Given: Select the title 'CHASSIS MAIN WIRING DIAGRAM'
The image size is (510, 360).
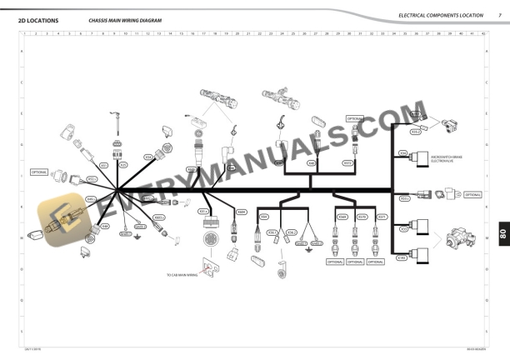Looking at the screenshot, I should [x=124, y=19].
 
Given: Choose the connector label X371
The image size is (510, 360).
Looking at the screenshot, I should [x=382, y=217].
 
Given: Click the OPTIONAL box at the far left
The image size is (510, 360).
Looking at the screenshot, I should [x=39, y=172].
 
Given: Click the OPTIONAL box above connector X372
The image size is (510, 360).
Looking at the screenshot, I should [x=354, y=118].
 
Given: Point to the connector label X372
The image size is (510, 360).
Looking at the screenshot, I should [x=347, y=163].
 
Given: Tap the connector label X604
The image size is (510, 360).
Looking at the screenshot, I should [x=242, y=212].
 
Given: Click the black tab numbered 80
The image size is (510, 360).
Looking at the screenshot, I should [x=502, y=235].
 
